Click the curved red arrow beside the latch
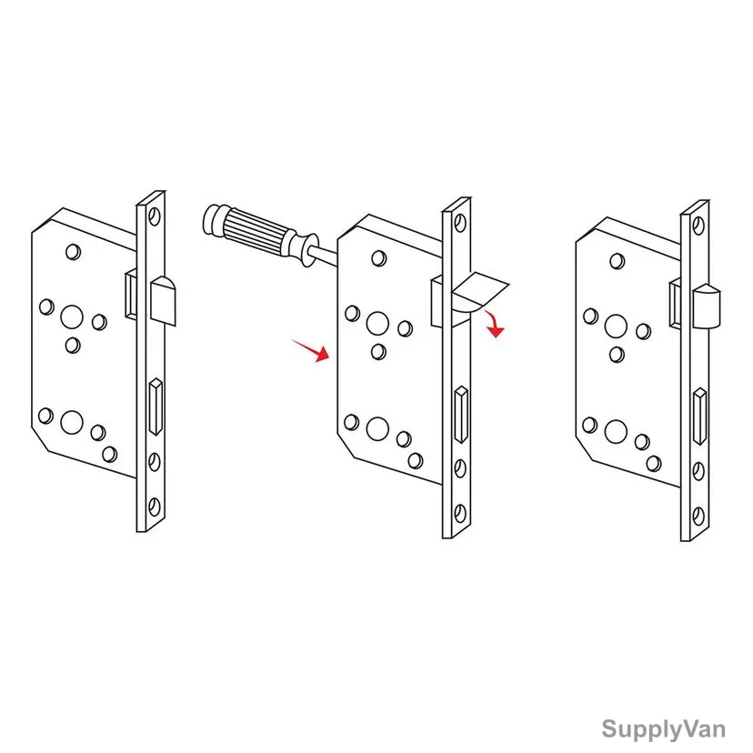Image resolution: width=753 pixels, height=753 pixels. pyautogui.click(x=494, y=324)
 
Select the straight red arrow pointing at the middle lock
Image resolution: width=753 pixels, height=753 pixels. pyautogui.click(x=311, y=350)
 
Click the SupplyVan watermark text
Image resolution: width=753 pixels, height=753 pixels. pyautogui.click(x=663, y=729)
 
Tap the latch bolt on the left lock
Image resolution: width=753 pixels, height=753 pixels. pyautogui.click(x=164, y=301)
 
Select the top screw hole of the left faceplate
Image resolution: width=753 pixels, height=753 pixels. pyautogui.click(x=155, y=216)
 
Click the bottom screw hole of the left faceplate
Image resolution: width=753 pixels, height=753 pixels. pyautogui.click(x=155, y=507)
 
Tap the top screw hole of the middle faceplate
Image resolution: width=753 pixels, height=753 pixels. pyautogui.click(x=460, y=223)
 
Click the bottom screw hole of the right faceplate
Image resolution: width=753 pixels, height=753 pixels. pyautogui.click(x=698, y=516)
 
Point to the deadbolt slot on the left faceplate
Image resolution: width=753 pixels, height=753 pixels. pyautogui.click(x=156, y=407)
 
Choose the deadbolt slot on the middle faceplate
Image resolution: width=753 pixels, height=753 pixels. pyautogui.click(x=461, y=414)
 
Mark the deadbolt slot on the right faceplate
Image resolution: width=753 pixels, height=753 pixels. pyautogui.click(x=700, y=417)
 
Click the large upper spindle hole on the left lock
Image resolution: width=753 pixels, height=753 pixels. pyautogui.click(x=72, y=317)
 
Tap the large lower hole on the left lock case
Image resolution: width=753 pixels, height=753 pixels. pyautogui.click(x=72, y=423)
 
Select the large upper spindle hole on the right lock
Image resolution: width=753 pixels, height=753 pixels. pyautogui.click(x=616, y=326)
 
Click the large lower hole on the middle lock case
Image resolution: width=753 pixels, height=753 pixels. pyautogui.click(x=377, y=429)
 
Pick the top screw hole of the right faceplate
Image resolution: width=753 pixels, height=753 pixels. pyautogui.click(x=698, y=226)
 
